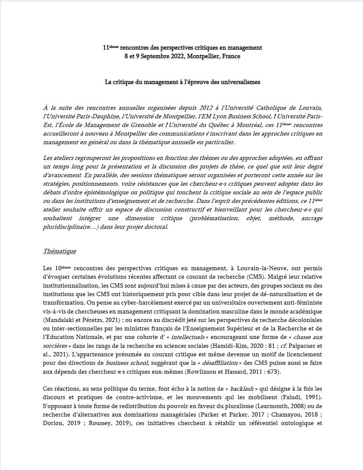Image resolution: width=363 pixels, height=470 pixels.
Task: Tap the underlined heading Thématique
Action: tap(59, 251)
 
